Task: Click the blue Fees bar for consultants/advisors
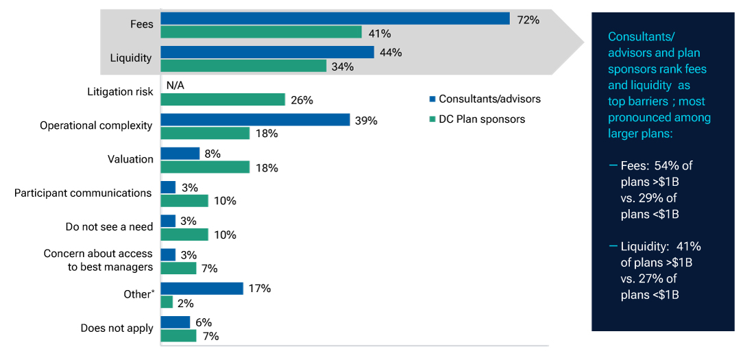tap(335, 19)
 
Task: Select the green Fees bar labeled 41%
tap(261, 32)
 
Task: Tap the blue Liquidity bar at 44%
tap(267, 52)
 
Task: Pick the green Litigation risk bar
tap(223, 99)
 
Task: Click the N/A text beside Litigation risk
tap(175, 85)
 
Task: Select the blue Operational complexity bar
tap(255, 119)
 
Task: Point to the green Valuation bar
tap(205, 167)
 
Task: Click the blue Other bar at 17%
tap(202, 288)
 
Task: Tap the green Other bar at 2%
tap(167, 302)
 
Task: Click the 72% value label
tap(528, 20)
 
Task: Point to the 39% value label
tap(367, 120)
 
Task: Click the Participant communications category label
tap(83, 193)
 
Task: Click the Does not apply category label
tap(117, 328)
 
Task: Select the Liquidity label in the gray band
tap(130, 58)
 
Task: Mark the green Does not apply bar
tap(178, 336)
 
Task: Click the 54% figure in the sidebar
tap(664, 166)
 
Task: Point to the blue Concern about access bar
tap(168, 254)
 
